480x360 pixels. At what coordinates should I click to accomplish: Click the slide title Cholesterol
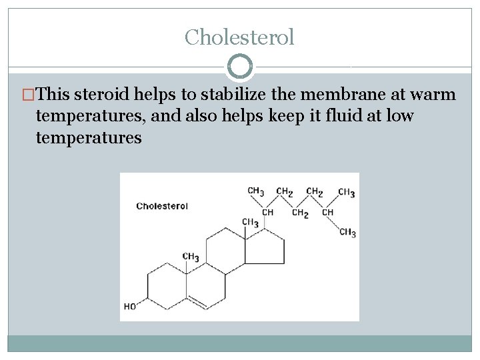pyautogui.click(x=239, y=37)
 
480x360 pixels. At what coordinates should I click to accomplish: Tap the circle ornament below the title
pyautogui.click(x=240, y=67)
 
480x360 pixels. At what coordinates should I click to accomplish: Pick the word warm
pyautogui.click(x=437, y=95)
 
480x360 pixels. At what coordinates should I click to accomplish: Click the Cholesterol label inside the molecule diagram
pyautogui.click(x=162, y=206)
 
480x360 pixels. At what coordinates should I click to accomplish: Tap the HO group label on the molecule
pyautogui.click(x=130, y=307)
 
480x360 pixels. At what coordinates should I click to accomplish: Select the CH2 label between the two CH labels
pyautogui.click(x=300, y=213)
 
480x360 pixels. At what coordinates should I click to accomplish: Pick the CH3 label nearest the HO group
pyautogui.click(x=191, y=257)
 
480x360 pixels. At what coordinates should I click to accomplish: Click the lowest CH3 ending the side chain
pyautogui.click(x=347, y=233)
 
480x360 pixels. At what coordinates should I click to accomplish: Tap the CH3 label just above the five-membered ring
pyautogui.click(x=250, y=222)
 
